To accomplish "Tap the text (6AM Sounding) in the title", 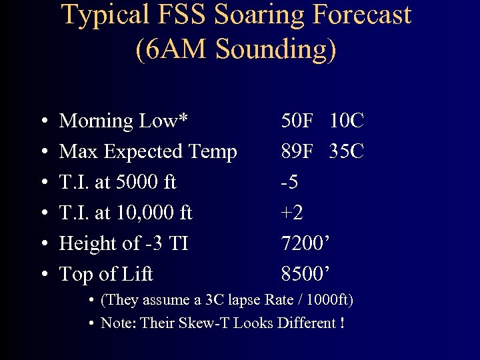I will click(x=236, y=49).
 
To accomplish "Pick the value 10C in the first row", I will click(x=347, y=121).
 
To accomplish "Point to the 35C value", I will click(x=347, y=151).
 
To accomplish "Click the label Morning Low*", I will click(x=124, y=121).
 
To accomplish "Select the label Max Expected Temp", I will click(x=148, y=151).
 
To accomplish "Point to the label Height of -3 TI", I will click(x=124, y=243).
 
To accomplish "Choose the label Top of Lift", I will click(x=106, y=274).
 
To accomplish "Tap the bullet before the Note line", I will click(x=90, y=324).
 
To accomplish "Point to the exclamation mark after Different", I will click(x=342, y=323).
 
